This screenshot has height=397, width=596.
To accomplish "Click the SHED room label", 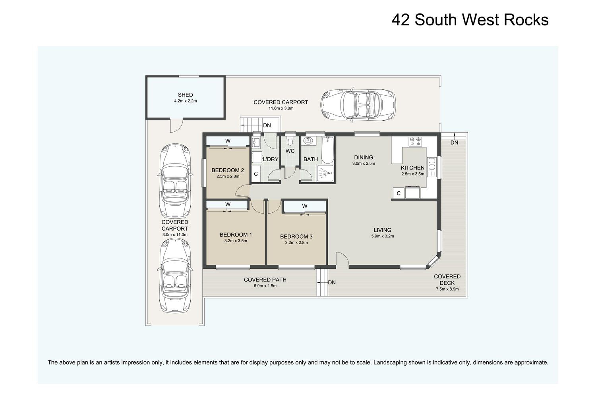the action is click(x=185, y=95).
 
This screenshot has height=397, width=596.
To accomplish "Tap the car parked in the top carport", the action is click(x=358, y=105).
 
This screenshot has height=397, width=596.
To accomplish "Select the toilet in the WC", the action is click(x=290, y=140).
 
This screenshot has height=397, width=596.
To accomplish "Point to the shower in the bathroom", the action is click(x=325, y=173).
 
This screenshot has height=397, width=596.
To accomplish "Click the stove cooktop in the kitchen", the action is click(x=415, y=141).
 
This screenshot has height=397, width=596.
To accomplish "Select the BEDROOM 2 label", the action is click(x=228, y=170).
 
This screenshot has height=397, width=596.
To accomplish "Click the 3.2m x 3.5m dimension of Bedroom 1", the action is click(x=236, y=241).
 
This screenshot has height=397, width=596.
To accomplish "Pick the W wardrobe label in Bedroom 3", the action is click(x=305, y=206).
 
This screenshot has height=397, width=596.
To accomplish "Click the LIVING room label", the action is click(x=382, y=230).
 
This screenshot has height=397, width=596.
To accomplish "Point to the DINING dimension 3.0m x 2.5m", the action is click(x=364, y=164).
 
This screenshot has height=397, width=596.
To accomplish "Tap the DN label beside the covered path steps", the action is click(x=332, y=282).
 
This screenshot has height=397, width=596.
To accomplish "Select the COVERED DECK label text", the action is click(x=447, y=280).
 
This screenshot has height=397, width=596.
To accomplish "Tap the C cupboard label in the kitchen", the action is click(x=399, y=193).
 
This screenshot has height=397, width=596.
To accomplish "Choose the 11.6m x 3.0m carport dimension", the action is click(x=281, y=108).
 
